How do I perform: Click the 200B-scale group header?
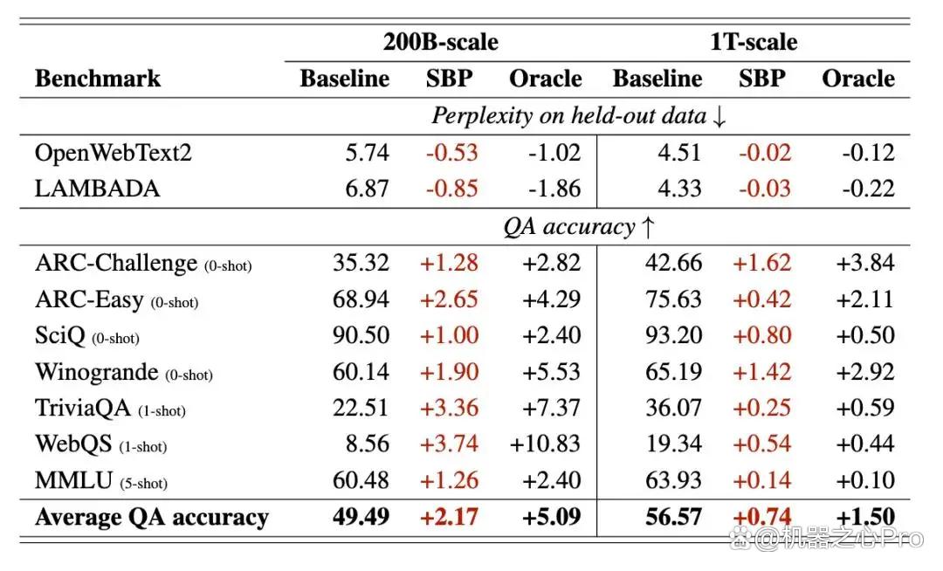pyautogui.click(x=441, y=42)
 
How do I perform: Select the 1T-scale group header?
pyautogui.click(x=754, y=42)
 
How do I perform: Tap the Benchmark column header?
pyautogui.click(x=98, y=78)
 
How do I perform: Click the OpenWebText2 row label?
pyautogui.click(x=113, y=153)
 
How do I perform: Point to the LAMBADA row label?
pyautogui.click(x=98, y=189)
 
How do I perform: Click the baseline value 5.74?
pyautogui.click(x=367, y=153)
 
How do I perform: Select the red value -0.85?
pyautogui.click(x=451, y=189)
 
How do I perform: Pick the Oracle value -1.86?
pyautogui.click(x=554, y=189)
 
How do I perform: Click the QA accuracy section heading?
pyautogui.click(x=579, y=227)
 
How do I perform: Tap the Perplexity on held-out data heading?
pyautogui.click(x=579, y=115)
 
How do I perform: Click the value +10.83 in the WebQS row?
pyautogui.click(x=545, y=444)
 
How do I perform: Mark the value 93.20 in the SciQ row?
pyautogui.click(x=673, y=335)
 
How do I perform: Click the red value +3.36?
pyautogui.click(x=449, y=408)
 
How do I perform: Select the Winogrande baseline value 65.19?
pyautogui.click(x=673, y=372)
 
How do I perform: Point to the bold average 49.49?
pyautogui.click(x=361, y=517)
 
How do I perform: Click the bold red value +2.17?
pyautogui.click(x=449, y=517)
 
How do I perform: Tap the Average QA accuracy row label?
pyautogui.click(x=152, y=518)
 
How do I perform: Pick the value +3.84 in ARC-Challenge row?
pyautogui.click(x=865, y=263)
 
